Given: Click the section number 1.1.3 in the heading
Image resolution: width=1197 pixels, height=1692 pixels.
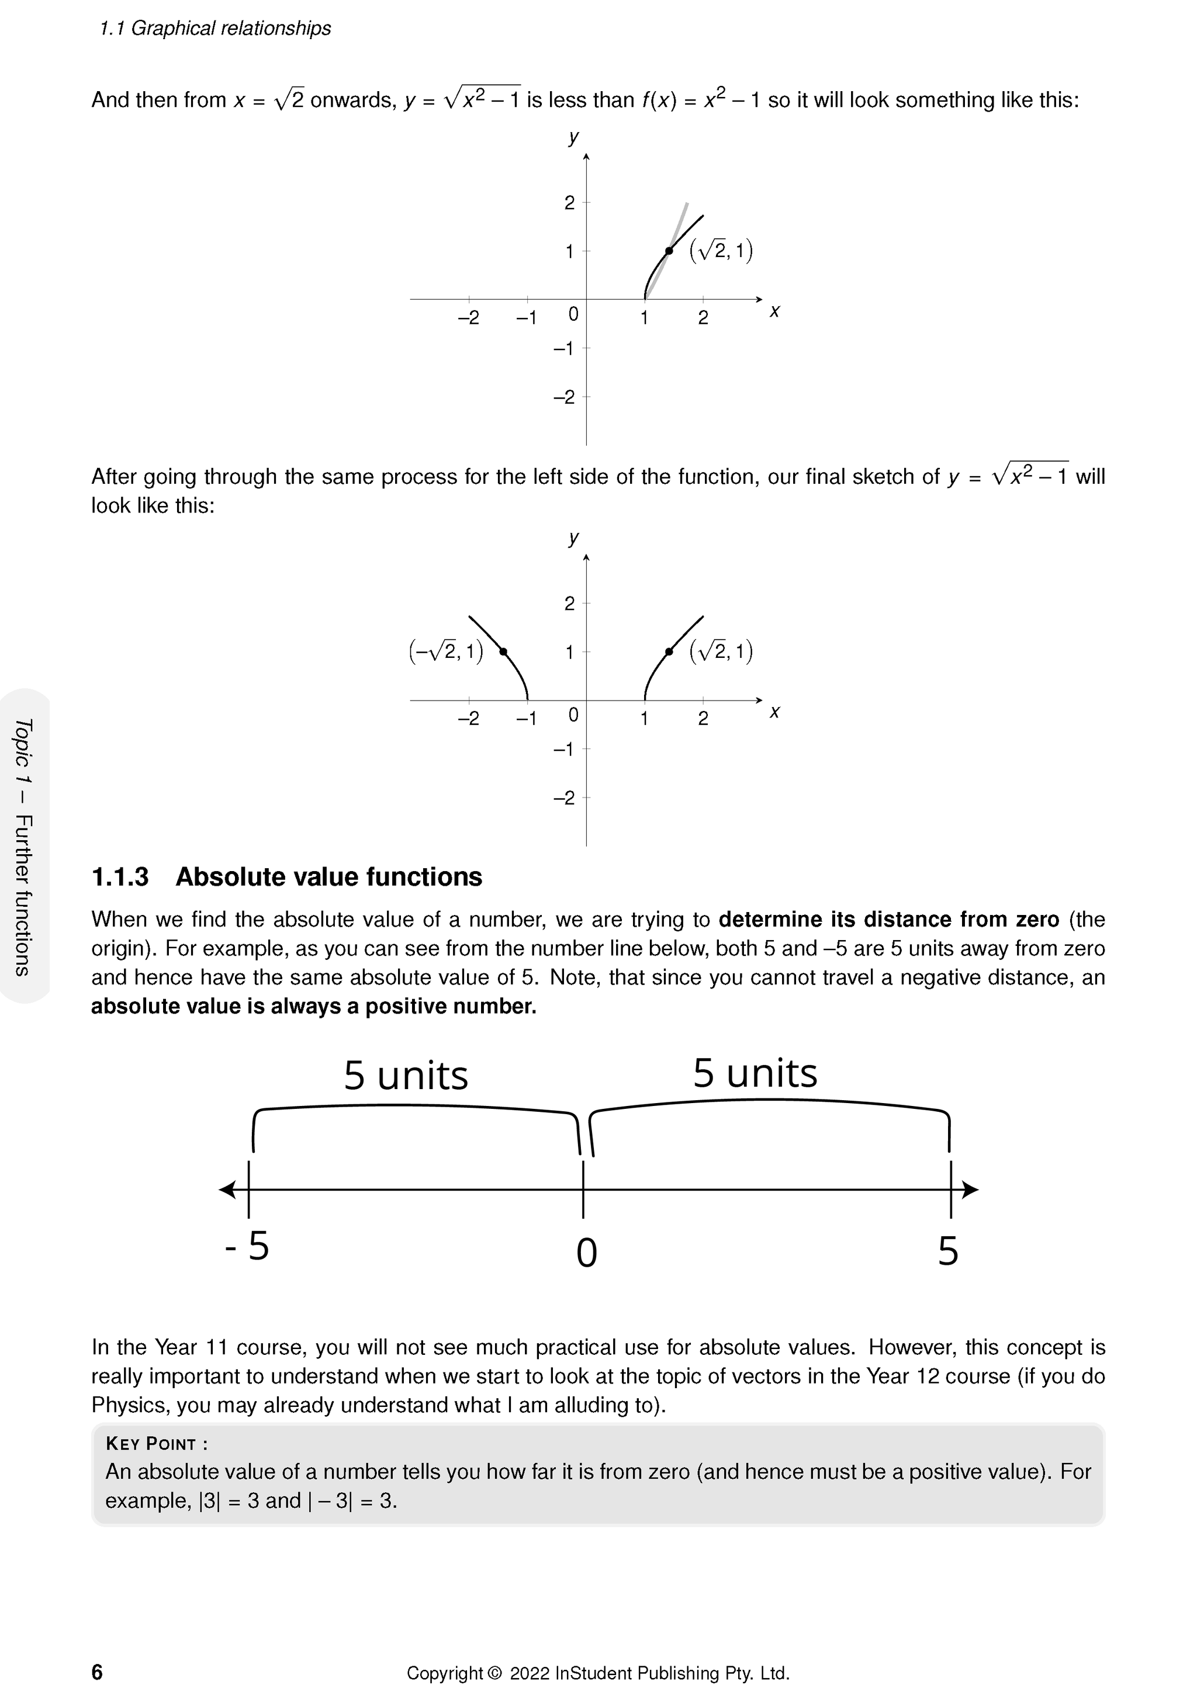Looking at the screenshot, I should [x=120, y=877].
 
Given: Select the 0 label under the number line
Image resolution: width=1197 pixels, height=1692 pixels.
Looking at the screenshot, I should [x=586, y=1253].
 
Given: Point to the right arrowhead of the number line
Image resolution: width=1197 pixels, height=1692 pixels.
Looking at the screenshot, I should [x=971, y=1190].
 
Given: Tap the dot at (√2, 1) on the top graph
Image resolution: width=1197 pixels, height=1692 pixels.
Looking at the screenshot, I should [x=669, y=251].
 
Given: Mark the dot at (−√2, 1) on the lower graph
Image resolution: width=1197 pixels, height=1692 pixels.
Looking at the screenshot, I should [x=503, y=651].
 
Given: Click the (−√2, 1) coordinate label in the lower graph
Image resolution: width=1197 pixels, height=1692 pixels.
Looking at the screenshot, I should [x=446, y=651].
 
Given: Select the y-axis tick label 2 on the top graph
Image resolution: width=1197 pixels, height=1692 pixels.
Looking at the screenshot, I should [x=569, y=203].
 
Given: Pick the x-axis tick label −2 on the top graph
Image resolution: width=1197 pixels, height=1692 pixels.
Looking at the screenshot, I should [x=468, y=318].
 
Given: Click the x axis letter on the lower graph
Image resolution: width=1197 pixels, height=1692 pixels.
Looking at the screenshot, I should [x=774, y=712].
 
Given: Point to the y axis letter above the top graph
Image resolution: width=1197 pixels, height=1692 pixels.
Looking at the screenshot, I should [x=573, y=137].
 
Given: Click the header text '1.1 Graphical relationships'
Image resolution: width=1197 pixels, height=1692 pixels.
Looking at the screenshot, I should [x=215, y=28].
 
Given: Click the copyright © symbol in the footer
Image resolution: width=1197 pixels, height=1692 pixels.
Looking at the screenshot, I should [x=494, y=1673].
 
